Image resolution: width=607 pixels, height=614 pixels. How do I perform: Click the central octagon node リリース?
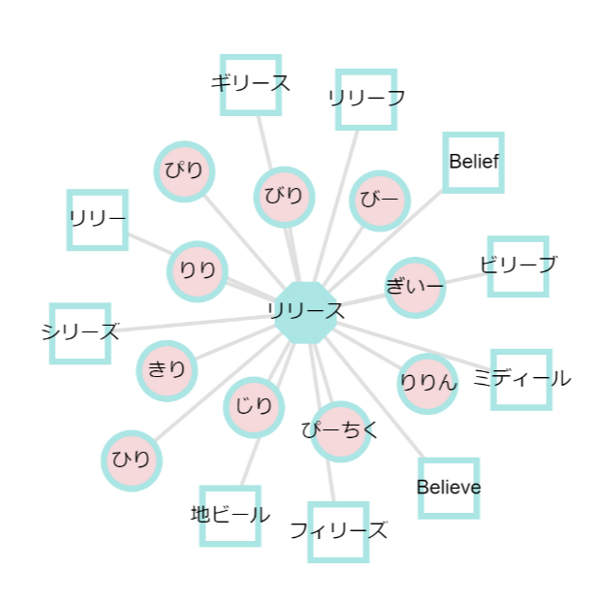pyautogui.click(x=306, y=312)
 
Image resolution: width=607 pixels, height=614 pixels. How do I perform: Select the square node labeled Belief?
pyautogui.click(x=473, y=162)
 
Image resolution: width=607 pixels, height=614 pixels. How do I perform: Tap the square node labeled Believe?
pyautogui.click(x=449, y=488)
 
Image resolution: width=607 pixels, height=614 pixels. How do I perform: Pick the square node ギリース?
pyautogui.click(x=251, y=85)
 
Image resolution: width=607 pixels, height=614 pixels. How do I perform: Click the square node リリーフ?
pyautogui.click(x=366, y=100)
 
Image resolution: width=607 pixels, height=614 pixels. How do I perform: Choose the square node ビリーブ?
pyautogui.click(x=518, y=266)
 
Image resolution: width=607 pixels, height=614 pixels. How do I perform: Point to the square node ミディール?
pyautogui.click(x=521, y=380)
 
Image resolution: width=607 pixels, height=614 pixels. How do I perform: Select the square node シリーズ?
pyautogui.click(x=80, y=333)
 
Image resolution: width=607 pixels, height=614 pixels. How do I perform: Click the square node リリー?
pyautogui.click(x=97, y=220)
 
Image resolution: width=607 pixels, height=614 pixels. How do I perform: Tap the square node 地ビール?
pyautogui.click(x=230, y=516)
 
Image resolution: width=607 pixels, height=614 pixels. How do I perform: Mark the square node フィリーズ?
pyautogui.click(x=338, y=532)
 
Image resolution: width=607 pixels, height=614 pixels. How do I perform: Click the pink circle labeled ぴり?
pyautogui.click(x=184, y=172)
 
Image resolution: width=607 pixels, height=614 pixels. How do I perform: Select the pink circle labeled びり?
pyautogui.click(x=284, y=197)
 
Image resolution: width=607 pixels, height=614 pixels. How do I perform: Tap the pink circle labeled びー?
pyautogui.click(x=380, y=201)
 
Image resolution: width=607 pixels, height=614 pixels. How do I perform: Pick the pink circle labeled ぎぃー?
pyautogui.click(x=415, y=288)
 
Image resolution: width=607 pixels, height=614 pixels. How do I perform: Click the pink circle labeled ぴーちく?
pyautogui.click(x=341, y=431)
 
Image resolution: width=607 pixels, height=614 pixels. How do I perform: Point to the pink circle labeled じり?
pyautogui.click(x=254, y=407)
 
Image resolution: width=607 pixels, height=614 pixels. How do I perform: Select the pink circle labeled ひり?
pyautogui.click(x=132, y=460)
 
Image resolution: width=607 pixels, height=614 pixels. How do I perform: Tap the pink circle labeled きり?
pyautogui.click(x=167, y=371)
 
